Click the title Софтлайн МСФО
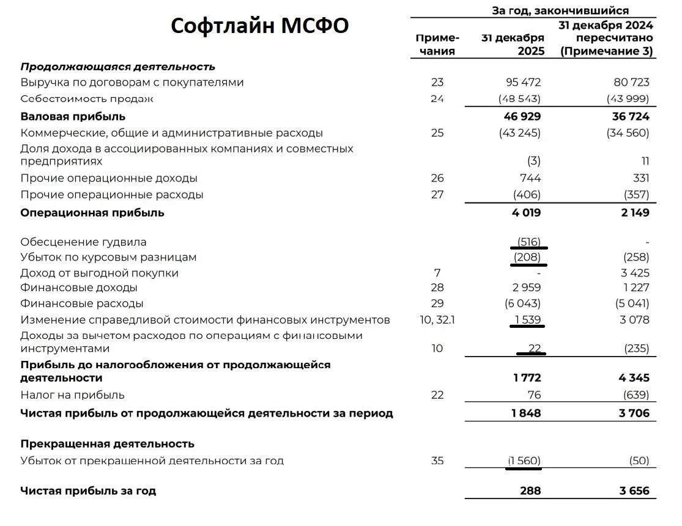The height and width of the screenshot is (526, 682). click(x=259, y=26)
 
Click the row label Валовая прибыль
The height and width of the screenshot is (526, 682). click(x=73, y=116)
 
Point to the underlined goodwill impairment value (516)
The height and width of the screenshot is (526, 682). click(x=528, y=242)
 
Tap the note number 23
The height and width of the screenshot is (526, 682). click(x=437, y=82)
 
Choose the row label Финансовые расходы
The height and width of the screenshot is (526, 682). click(x=82, y=303)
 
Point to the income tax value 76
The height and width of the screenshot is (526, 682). click(x=534, y=394)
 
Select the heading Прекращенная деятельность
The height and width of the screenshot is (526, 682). click(x=107, y=443)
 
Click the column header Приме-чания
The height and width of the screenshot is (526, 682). click(x=437, y=44)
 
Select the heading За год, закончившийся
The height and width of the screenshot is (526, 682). click(x=560, y=10)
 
